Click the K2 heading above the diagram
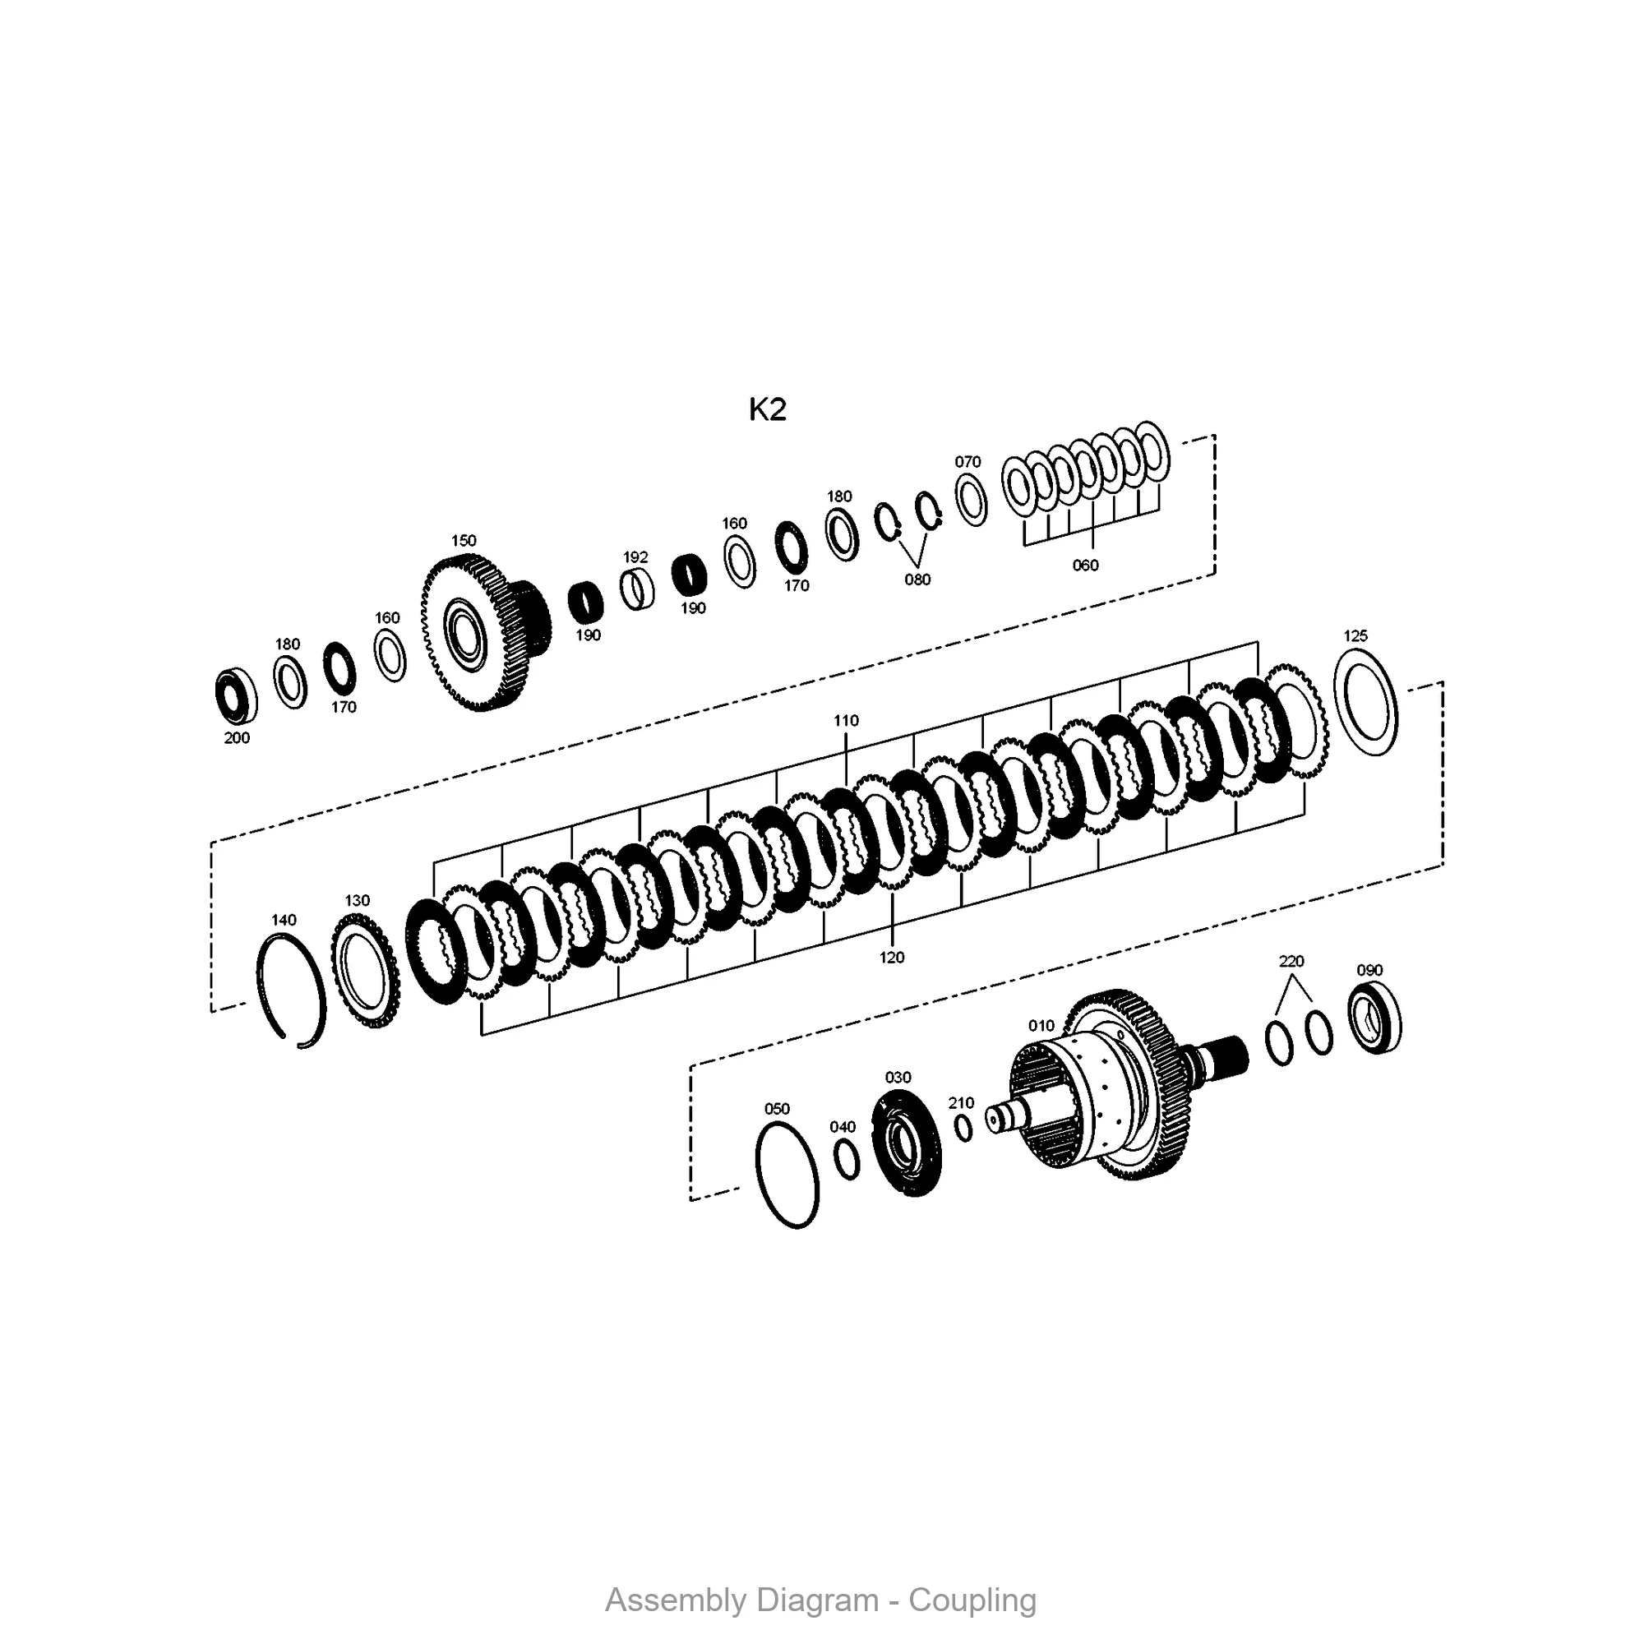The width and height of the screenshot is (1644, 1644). pyautogui.click(x=767, y=410)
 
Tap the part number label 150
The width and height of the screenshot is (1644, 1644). pyautogui.click(x=464, y=540)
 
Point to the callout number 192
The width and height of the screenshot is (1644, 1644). pyautogui.click(x=635, y=556)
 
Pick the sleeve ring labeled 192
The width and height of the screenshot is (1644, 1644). pyautogui.click(x=637, y=589)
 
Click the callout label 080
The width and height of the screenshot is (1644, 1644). pyautogui.click(x=917, y=580)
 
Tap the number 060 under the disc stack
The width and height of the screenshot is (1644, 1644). pyautogui.click(x=1086, y=565)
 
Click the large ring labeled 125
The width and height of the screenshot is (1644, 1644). pyautogui.click(x=1365, y=701)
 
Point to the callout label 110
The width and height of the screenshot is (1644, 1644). pyautogui.click(x=846, y=720)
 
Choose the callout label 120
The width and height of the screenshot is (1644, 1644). pyautogui.click(x=892, y=958)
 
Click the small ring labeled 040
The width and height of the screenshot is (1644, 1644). pyautogui.click(x=847, y=1160)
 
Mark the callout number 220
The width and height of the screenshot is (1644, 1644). pyautogui.click(x=1291, y=961)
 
